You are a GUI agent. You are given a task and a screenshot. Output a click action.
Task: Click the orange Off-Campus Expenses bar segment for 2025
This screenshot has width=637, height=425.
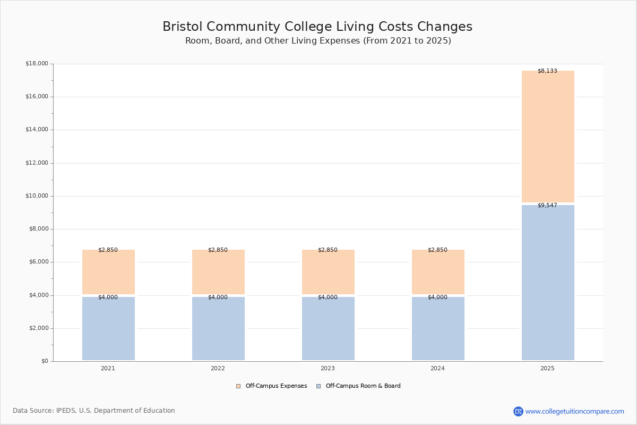tap(548, 137)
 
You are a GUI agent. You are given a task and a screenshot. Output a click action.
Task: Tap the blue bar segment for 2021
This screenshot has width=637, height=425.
tap(108, 329)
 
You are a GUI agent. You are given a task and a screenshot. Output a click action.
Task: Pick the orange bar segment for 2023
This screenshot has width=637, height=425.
tap(328, 272)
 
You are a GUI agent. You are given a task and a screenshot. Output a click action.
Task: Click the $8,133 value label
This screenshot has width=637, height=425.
tap(547, 71)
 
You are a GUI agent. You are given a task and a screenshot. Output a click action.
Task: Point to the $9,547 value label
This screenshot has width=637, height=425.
tap(547, 206)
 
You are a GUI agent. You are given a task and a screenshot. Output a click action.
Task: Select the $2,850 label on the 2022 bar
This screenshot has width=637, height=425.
tap(218, 250)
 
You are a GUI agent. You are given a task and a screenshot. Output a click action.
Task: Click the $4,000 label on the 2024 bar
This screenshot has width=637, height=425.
tap(437, 297)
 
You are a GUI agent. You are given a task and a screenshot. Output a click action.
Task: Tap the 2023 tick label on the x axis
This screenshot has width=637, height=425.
tap(328, 369)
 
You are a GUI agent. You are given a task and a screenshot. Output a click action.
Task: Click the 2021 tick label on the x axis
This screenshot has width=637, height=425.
tap(108, 369)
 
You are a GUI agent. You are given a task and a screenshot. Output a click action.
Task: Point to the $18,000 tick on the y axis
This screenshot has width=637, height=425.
tap(37, 64)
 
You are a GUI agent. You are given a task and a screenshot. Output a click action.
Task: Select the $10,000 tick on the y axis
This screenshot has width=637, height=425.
tap(37, 196)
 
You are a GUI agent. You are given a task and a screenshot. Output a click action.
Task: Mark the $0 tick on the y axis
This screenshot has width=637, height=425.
tap(44, 361)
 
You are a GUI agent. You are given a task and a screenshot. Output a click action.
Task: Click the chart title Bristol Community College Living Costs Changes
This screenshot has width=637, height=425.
tap(317, 27)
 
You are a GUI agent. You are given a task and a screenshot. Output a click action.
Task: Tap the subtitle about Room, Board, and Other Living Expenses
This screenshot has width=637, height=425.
tap(318, 41)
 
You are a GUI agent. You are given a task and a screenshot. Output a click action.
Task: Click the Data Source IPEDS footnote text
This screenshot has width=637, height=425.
tap(94, 411)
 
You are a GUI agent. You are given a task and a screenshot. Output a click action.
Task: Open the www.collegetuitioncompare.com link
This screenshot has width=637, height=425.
tap(574, 411)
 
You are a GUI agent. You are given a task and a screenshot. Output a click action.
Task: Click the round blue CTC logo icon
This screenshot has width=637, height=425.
tap(518, 411)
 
